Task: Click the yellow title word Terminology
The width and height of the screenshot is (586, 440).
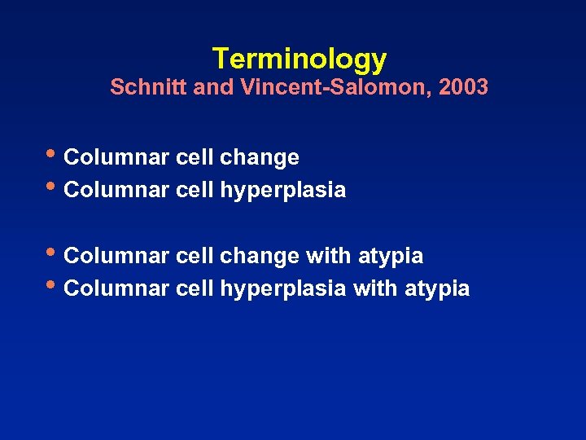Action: point(299,59)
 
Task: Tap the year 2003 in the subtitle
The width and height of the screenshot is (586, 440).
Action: point(463,87)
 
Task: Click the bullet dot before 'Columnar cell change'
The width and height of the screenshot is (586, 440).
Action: point(54,152)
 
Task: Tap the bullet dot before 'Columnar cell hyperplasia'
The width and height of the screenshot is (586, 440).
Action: point(54,186)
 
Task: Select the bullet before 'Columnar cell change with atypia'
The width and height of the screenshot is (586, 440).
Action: point(54,252)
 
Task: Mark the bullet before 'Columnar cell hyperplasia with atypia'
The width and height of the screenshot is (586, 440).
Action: point(54,284)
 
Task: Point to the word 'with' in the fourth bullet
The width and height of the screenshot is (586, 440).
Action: point(375,288)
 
